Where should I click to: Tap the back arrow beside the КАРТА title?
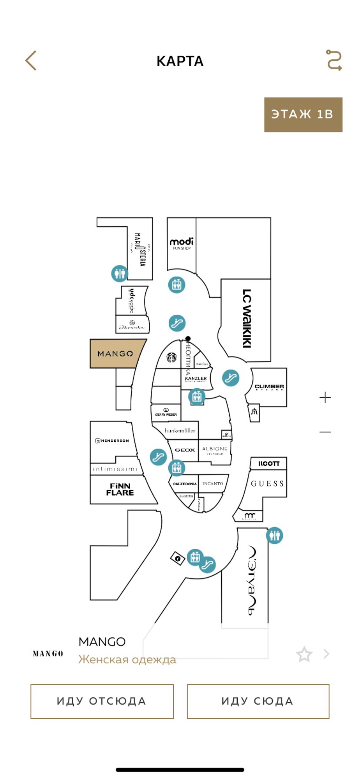[31, 61]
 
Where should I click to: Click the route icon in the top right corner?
[334, 60]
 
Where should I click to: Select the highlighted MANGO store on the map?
[115, 354]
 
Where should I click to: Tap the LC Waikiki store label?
[247, 318]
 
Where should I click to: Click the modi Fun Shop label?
[182, 243]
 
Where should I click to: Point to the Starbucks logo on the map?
[171, 357]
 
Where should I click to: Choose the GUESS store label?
[267, 483]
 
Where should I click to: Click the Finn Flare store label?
[120, 489]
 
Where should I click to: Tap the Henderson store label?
[112, 441]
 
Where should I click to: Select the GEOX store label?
[185, 450]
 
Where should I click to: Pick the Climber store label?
[269, 387]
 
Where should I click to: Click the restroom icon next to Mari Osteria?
[120, 273]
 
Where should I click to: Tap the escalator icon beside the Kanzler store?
[231, 378]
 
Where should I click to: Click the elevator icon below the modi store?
[176, 285]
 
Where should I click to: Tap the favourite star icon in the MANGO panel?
[304, 654]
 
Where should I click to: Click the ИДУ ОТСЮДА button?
[102, 701]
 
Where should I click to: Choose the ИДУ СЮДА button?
[258, 701]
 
